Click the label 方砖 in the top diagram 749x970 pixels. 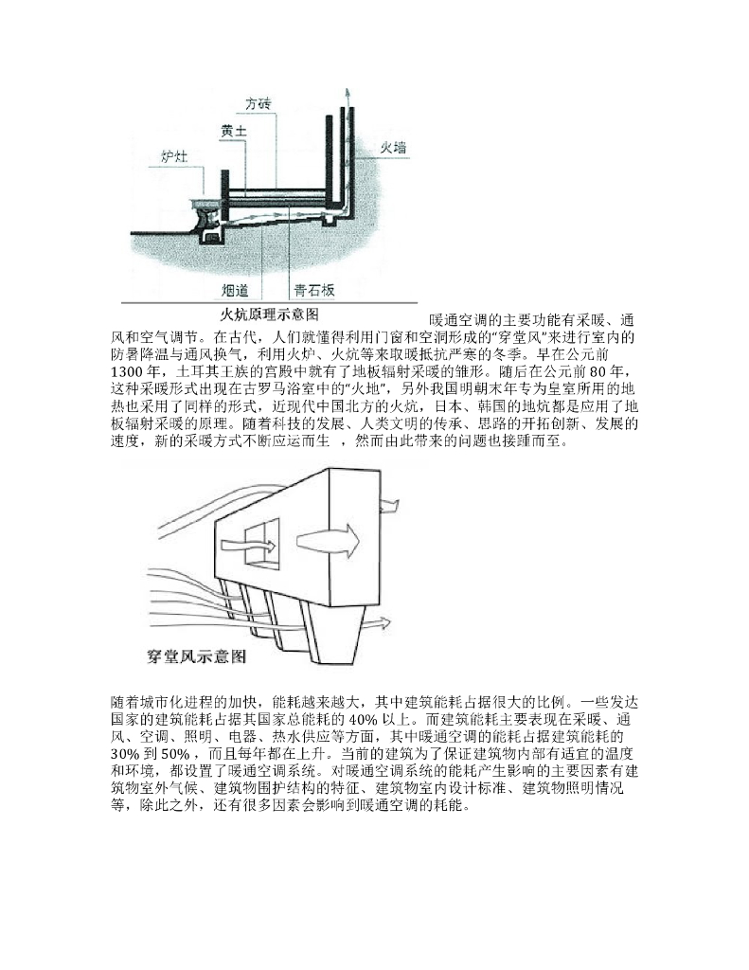pos(259,102)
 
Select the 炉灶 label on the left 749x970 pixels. pos(174,155)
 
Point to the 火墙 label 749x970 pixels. pos(393,147)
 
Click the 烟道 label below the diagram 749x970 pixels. pos(235,290)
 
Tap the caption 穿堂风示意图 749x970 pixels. pos(197,655)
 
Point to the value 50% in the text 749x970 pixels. pos(176,752)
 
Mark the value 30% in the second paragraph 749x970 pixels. pos(128,752)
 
